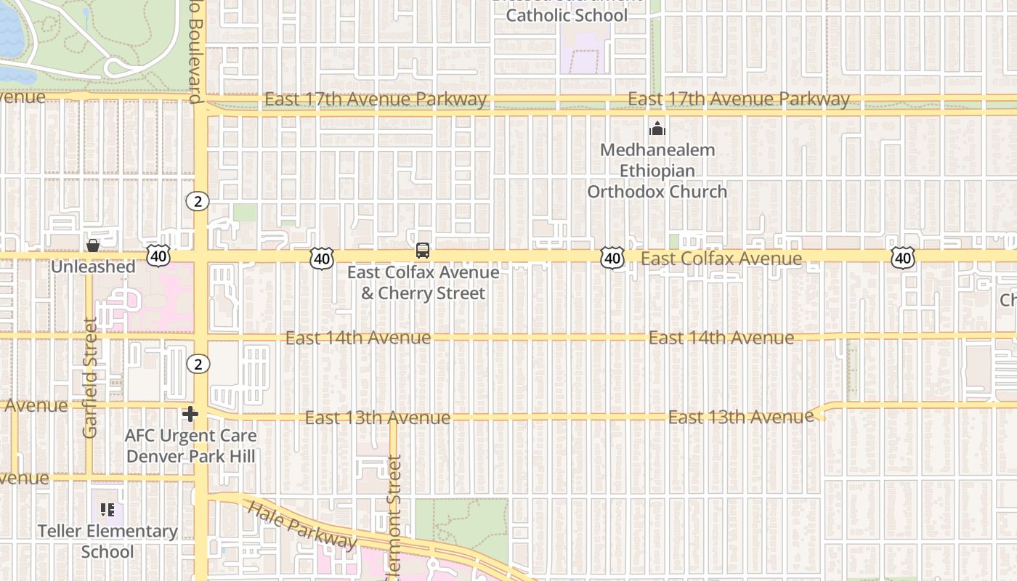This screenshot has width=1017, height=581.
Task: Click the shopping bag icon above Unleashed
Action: [x=93, y=246]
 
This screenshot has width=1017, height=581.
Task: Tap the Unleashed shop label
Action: [x=93, y=267]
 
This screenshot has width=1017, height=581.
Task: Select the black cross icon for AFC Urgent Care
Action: [x=190, y=414]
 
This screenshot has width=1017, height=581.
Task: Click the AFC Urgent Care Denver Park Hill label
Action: [x=190, y=446]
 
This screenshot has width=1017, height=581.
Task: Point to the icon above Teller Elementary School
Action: [x=108, y=511]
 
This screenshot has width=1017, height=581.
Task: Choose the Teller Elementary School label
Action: [x=108, y=541]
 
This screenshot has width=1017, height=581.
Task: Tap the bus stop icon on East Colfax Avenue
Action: [x=423, y=251]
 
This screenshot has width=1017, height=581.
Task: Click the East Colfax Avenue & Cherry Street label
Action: [x=423, y=283]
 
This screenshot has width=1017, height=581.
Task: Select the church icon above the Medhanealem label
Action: [x=657, y=129]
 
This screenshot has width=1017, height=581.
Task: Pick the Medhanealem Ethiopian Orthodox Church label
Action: [x=657, y=171]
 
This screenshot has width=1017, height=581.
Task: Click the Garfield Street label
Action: [x=90, y=378]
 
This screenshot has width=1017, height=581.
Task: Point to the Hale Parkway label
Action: [x=302, y=524]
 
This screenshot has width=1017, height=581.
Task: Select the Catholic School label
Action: [x=567, y=15]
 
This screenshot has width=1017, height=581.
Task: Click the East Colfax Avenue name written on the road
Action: [x=721, y=259]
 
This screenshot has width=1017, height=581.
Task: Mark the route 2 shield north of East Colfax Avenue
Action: [x=198, y=201]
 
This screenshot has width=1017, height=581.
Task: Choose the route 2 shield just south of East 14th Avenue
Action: [x=198, y=363]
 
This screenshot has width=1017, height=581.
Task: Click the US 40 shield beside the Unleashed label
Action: [x=158, y=255]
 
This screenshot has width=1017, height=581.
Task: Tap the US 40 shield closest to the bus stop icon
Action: [x=321, y=257]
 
